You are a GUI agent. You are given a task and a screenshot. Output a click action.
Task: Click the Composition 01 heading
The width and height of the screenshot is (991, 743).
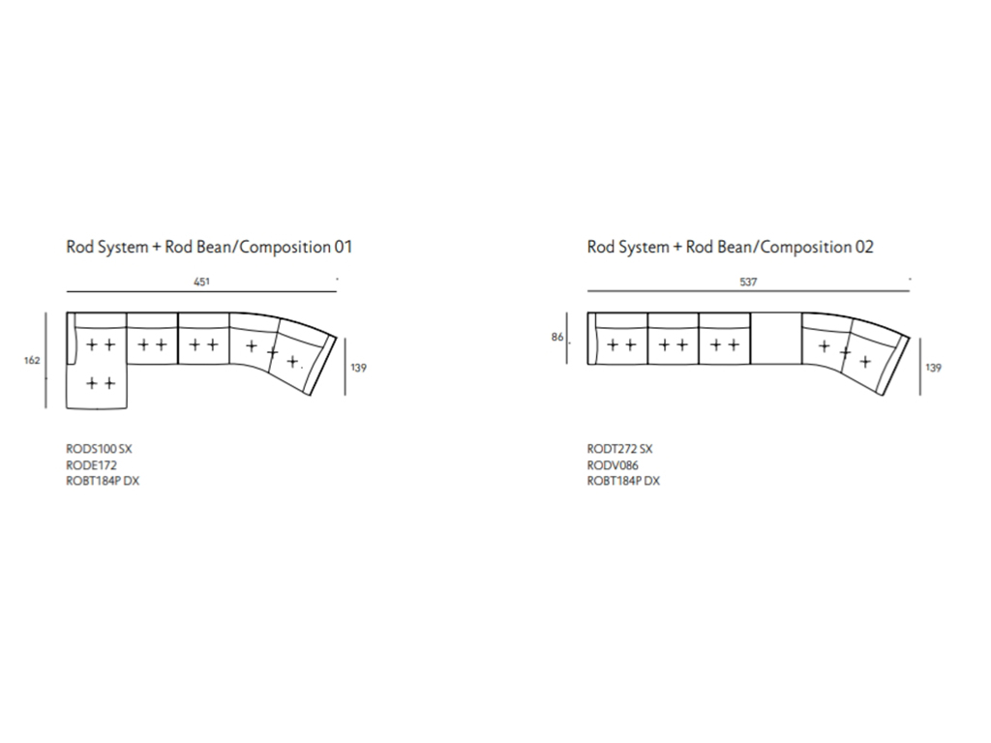tap(209, 247)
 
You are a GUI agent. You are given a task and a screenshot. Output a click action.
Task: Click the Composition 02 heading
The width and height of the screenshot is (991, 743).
tap(730, 247)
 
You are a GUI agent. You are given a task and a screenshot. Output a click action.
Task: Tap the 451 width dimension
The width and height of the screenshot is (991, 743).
tap(201, 282)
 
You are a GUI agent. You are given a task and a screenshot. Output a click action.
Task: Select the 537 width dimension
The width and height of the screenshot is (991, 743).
tap(748, 282)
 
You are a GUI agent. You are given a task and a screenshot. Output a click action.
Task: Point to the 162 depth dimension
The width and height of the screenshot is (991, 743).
tap(32, 360)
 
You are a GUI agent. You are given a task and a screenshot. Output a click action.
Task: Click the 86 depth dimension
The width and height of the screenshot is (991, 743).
tap(556, 337)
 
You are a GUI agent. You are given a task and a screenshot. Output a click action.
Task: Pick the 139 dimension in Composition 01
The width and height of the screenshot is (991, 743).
tap(358, 368)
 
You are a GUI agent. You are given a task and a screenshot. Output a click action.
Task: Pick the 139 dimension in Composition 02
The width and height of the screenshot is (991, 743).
tap(933, 368)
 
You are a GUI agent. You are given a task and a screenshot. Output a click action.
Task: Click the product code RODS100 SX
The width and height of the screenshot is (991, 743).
tap(100, 449)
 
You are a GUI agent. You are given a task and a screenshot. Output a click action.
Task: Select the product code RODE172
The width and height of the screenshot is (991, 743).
tap(91, 465)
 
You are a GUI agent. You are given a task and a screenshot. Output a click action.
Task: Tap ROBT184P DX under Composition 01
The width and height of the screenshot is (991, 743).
tap(103, 481)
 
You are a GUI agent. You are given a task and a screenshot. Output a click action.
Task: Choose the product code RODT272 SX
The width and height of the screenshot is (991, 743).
tap(619, 449)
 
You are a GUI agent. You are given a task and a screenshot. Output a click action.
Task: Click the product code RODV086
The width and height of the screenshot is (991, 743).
tap(613, 465)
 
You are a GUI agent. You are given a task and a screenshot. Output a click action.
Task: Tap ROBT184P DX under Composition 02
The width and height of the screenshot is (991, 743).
tap(623, 481)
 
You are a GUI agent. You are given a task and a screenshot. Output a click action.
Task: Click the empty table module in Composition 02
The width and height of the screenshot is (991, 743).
tap(775, 338)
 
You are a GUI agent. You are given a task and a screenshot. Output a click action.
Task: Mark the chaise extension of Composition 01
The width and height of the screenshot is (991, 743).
tap(98, 387)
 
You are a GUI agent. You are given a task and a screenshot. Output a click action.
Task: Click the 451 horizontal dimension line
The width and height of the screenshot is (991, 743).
tap(201, 292)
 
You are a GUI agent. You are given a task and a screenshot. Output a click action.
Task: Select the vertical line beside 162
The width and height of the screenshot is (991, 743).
tap(45, 360)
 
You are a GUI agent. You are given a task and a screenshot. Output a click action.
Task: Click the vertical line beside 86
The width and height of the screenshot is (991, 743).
tap(567, 338)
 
